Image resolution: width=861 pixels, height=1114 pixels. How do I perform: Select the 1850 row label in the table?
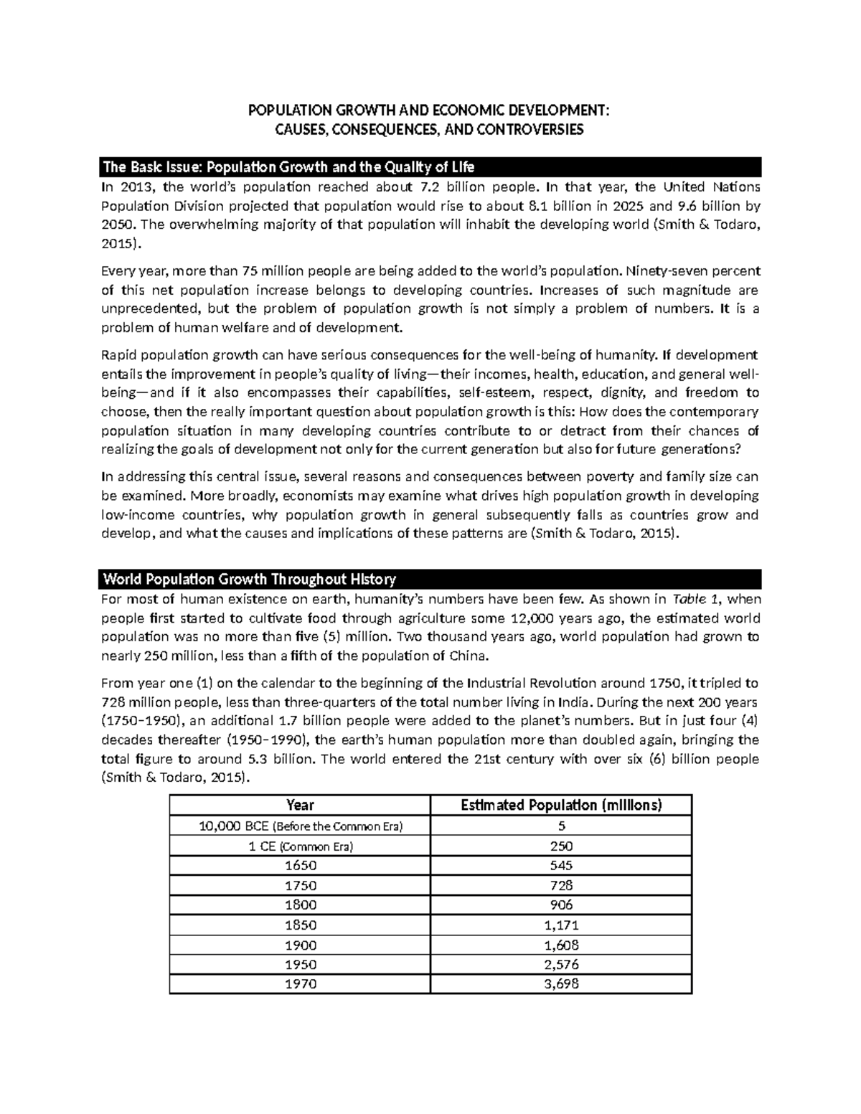(300, 925)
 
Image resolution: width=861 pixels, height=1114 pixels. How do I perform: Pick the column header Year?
(300, 805)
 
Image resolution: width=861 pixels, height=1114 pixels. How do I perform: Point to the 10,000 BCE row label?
(300, 826)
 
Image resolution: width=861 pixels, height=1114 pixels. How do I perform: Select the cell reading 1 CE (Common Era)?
(300, 846)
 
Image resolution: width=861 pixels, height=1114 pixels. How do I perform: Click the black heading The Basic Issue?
(288, 168)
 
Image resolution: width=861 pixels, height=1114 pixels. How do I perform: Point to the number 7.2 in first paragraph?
(423, 188)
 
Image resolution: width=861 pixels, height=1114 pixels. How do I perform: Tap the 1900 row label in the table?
(300, 945)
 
